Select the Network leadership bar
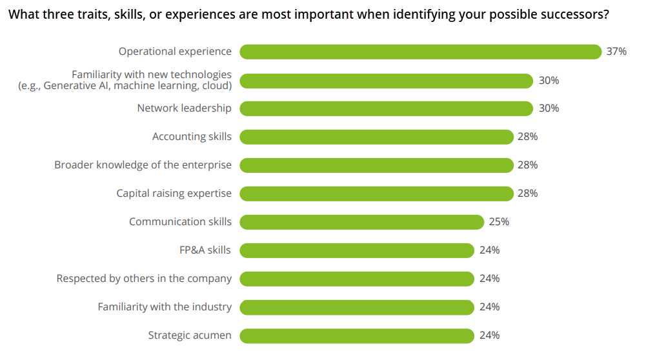[x=386, y=108]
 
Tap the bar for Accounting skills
[x=376, y=137]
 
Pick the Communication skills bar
[x=361, y=222]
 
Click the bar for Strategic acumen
[x=357, y=335]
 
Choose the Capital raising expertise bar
[x=376, y=194]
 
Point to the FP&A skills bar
[x=357, y=250]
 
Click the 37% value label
[x=616, y=52]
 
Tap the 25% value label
[x=499, y=222]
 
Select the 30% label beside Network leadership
[x=549, y=108]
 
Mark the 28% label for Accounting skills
[x=527, y=137]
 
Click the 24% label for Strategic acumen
[x=489, y=335]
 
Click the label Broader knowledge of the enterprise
[x=143, y=165]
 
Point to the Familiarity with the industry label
[x=165, y=307]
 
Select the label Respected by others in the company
[x=144, y=279]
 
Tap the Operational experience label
[x=175, y=52]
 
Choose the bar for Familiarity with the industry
[x=357, y=307]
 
